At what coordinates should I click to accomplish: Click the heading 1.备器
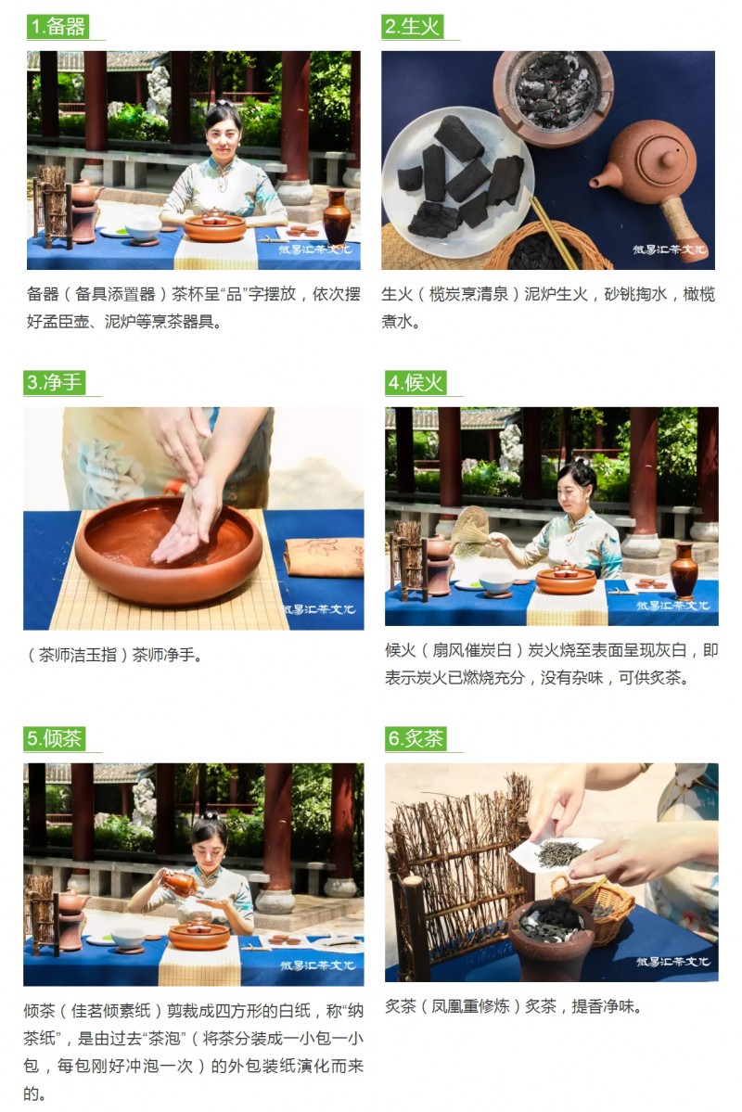coord(58,27)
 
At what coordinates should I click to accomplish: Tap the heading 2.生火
coord(412,27)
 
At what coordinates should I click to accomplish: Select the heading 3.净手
coord(54,383)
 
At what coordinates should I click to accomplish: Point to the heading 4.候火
coord(416,383)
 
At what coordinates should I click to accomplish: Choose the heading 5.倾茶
coord(54,739)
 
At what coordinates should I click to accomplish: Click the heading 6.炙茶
coord(416,739)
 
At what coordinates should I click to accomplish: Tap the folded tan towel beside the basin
coord(325,557)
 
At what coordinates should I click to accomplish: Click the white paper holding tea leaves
coord(555,852)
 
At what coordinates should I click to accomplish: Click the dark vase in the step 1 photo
coord(337,217)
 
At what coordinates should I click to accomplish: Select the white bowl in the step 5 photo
coord(129,937)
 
